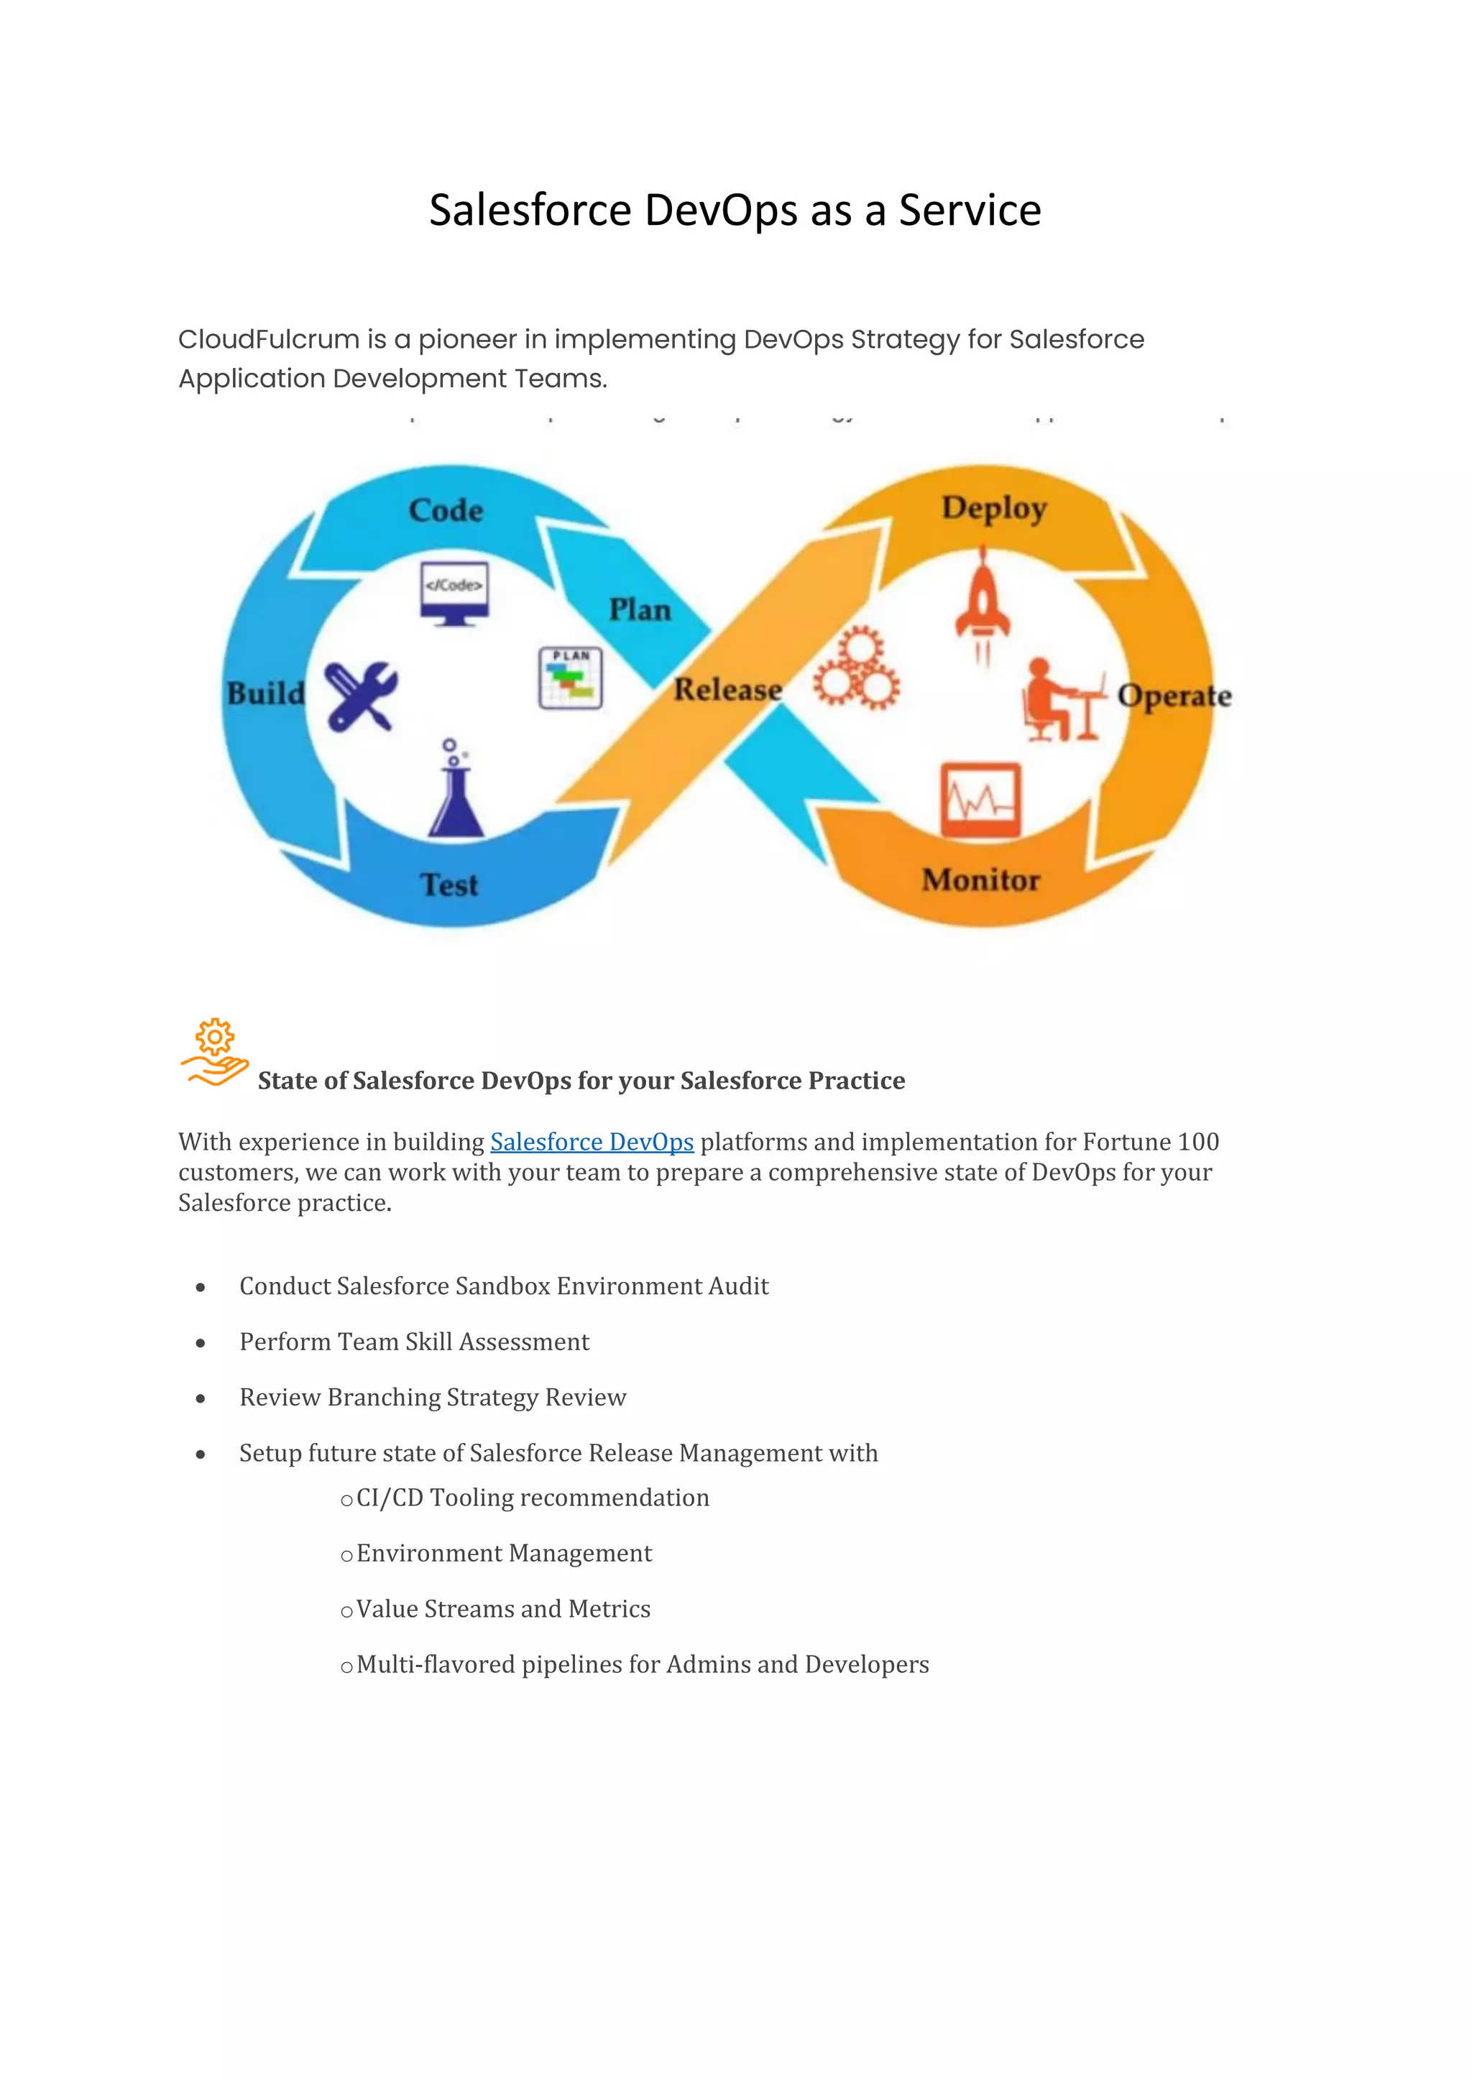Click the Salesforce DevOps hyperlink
[592, 1142]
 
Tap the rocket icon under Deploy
[983, 603]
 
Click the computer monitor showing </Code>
[454, 593]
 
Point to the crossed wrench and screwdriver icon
[361, 696]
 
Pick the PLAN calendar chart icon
[570, 678]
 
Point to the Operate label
[1174, 696]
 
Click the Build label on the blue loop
[265, 693]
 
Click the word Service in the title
[969, 211]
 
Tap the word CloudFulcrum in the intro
[268, 340]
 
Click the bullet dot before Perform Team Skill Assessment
[201, 1343]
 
